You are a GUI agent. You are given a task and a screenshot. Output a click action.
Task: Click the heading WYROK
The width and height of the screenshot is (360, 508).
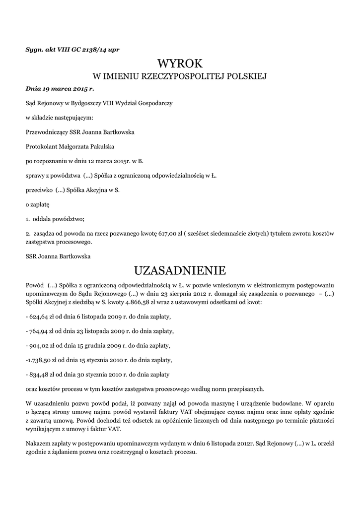pos(180,63)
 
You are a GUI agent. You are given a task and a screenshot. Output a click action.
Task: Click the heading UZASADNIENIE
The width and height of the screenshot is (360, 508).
pos(180,271)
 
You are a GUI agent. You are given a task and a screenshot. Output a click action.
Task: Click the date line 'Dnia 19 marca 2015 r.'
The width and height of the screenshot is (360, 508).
pos(60,89)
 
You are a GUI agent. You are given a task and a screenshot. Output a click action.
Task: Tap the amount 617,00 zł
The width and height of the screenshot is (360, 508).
pos(173,233)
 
